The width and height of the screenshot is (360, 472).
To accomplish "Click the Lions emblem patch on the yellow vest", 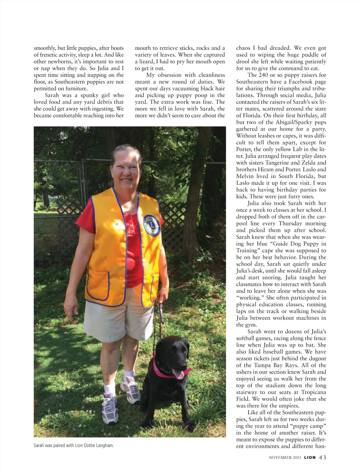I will (152, 225).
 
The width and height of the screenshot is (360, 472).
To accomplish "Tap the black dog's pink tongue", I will (179, 374).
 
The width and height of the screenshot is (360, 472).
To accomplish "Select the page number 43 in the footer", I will (323, 457).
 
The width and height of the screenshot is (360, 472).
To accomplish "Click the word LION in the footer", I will (310, 457).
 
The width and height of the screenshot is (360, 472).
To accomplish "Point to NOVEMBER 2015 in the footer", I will (285, 458).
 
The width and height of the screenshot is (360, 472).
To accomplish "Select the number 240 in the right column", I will (266, 75).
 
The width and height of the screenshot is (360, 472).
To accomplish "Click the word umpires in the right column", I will (289, 406).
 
